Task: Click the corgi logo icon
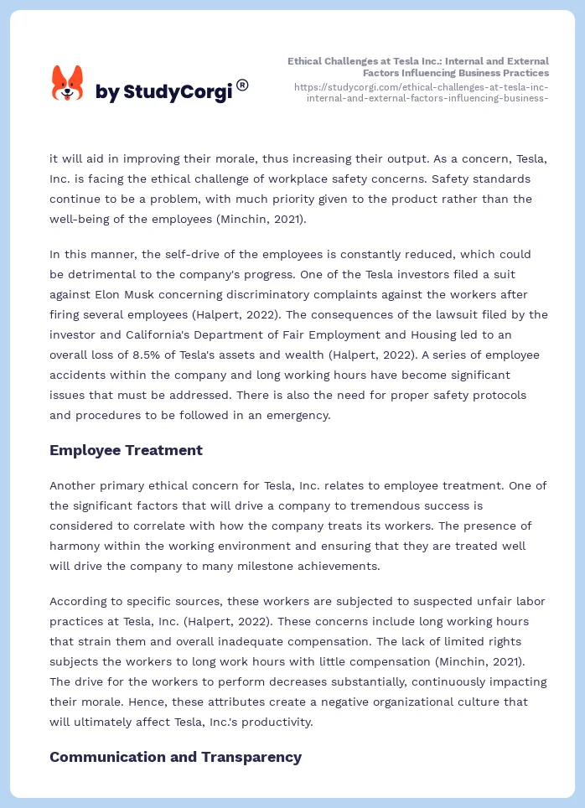coord(68,84)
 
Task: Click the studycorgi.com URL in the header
coord(422,92)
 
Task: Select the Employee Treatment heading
coord(126,450)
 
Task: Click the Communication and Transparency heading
coord(175,757)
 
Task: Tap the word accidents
coord(81,375)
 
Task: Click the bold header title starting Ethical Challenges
coord(418,67)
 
